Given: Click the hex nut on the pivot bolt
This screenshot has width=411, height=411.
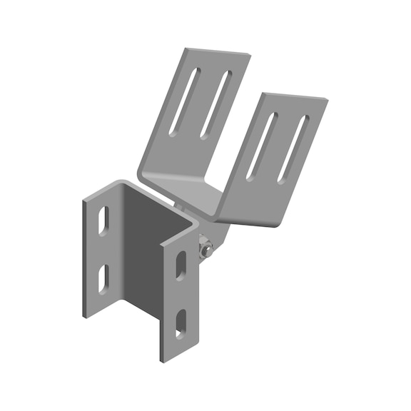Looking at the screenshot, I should pyautogui.click(x=206, y=250).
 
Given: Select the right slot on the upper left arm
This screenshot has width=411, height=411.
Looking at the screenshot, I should pyautogui.click(x=215, y=104).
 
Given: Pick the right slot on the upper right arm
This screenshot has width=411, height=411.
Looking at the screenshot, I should pyautogui.click(x=293, y=149).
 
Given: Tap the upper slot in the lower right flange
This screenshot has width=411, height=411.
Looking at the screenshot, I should pyautogui.click(x=181, y=265).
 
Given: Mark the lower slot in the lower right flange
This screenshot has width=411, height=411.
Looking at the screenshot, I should pyautogui.click(x=181, y=323).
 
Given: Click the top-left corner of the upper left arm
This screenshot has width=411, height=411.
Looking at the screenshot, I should pyautogui.click(x=185, y=49).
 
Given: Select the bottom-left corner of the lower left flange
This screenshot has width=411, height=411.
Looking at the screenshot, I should pyautogui.click(x=84, y=317).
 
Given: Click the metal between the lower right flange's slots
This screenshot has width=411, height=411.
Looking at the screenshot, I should pyautogui.click(x=181, y=294).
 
